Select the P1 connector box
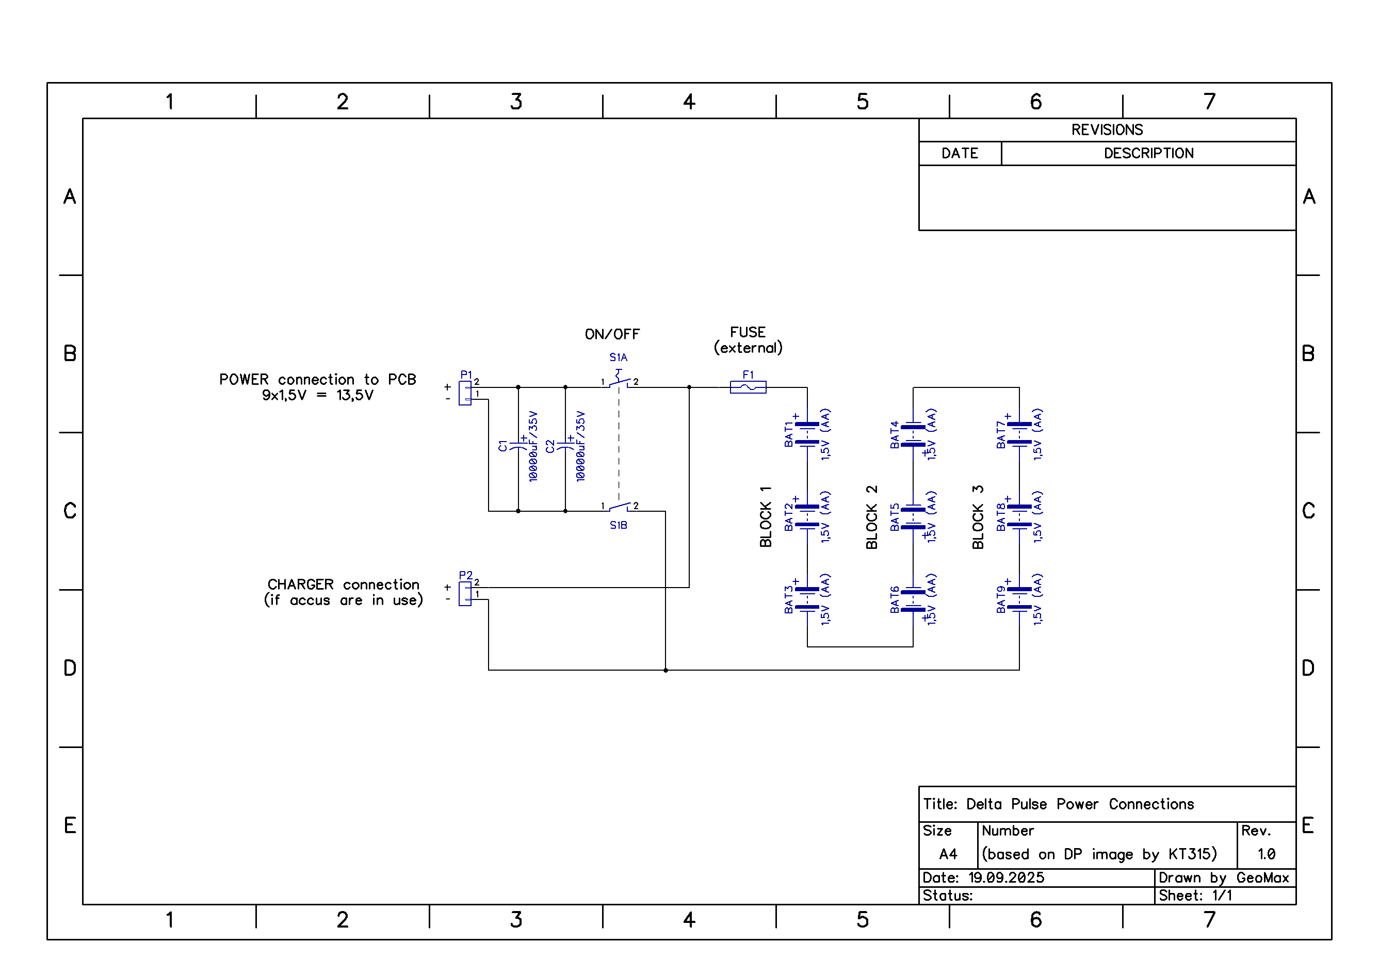[465, 393]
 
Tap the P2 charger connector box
[465, 594]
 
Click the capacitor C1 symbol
[518, 446]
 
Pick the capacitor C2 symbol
[565, 446]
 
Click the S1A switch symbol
[619, 380]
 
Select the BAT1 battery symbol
[807, 434]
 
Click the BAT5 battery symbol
[913, 517]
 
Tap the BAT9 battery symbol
[1019, 598]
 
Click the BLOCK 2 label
[871, 517]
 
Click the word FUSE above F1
[748, 332]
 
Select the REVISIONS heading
[1107, 130]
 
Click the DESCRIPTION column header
[1148, 153]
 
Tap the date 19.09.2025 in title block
[1006, 878]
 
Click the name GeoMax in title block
[1262, 878]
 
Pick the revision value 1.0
[1266, 854]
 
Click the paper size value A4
[948, 854]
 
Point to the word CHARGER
[300, 584]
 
